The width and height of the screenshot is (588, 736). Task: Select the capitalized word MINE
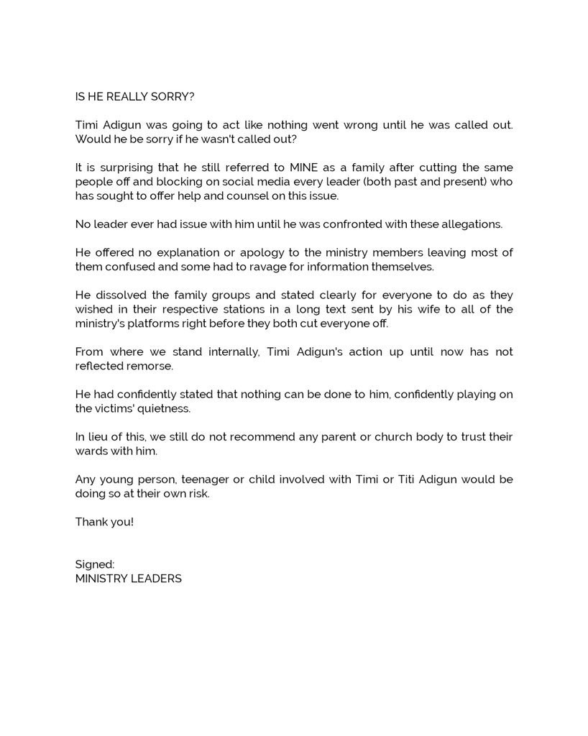pyautogui.click(x=305, y=167)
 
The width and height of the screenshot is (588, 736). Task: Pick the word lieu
pyautogui.click(x=97, y=437)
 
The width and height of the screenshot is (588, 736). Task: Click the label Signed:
pyautogui.click(x=95, y=564)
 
